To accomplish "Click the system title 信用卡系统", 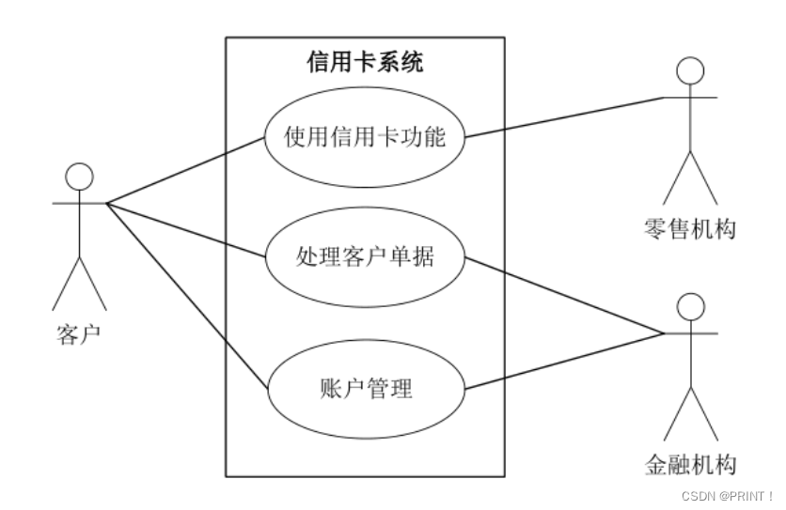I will tap(365, 63).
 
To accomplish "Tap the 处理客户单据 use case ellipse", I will tap(365, 255).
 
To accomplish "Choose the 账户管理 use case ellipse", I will tap(365, 387).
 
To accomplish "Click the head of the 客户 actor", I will tap(79, 177).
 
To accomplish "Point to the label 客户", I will tap(79, 333).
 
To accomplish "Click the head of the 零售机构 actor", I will tap(690, 70).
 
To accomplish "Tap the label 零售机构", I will tap(690, 228).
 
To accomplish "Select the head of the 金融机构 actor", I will tap(691, 307).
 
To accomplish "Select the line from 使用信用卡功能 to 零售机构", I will tap(564, 116).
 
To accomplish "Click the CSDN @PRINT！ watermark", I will tap(727, 494).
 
